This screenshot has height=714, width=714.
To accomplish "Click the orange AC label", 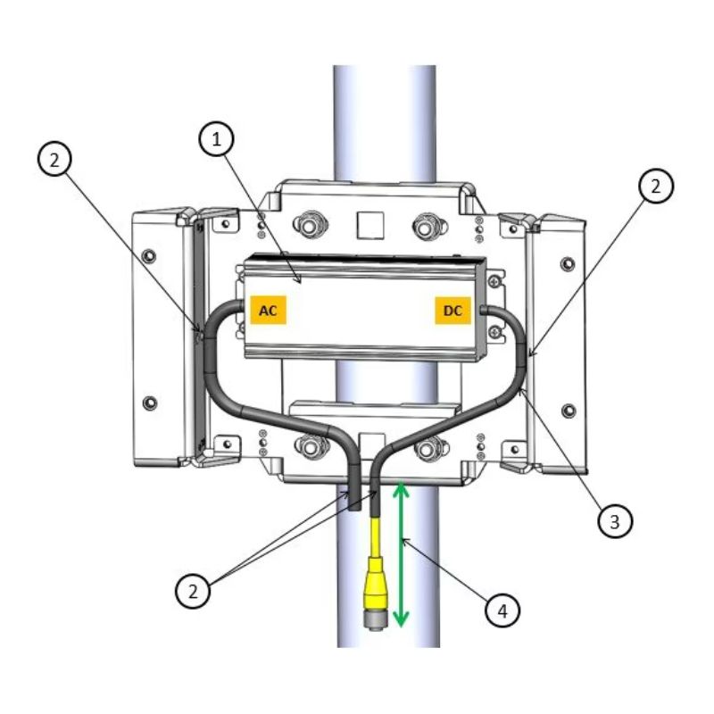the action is tap(269, 310).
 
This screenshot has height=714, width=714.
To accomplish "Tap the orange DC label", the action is tap(452, 311).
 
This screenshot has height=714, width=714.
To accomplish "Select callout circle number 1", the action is tap(216, 139).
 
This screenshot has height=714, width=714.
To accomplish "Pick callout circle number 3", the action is tap(615, 521).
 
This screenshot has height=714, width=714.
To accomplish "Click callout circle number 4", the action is tap(502, 610).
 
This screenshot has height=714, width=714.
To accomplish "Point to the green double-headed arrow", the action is tap(401, 553).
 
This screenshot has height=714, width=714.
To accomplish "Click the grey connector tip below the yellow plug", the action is tap(374, 621).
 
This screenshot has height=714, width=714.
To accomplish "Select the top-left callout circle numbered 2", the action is tap(54, 160).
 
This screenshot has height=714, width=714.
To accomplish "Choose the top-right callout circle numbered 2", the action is tap(655, 186).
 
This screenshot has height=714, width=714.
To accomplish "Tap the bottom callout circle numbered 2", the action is tap(193, 591).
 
